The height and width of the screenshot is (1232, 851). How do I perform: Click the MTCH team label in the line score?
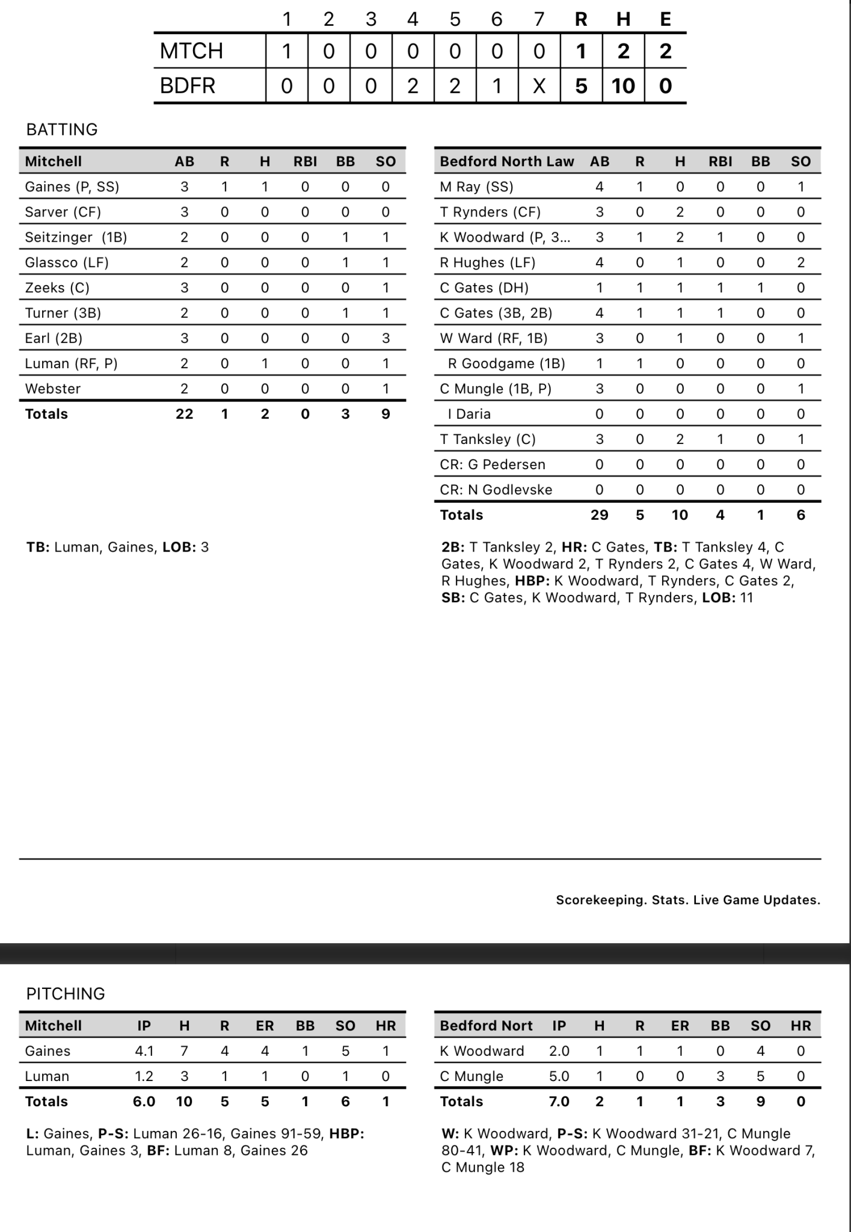point(191,51)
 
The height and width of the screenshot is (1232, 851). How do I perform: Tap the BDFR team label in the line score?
point(187,86)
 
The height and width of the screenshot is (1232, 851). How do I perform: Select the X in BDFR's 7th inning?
point(539,86)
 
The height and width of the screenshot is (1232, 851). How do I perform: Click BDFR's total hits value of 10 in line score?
point(623,86)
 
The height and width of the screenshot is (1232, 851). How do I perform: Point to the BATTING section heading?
point(62,130)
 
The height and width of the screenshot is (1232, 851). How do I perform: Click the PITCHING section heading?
point(66,994)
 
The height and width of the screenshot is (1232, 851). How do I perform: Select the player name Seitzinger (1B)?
point(76,238)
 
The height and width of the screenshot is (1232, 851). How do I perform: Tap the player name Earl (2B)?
point(54,339)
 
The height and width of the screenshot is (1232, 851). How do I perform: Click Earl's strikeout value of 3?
point(386,339)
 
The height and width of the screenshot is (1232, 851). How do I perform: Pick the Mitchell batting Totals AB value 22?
point(184,414)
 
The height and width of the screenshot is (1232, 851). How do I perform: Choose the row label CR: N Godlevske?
point(496,490)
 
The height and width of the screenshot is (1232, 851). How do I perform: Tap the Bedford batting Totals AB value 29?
point(599,516)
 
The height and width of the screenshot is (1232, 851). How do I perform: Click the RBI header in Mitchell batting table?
point(305,162)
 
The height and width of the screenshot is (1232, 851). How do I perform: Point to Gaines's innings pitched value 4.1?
point(144,1052)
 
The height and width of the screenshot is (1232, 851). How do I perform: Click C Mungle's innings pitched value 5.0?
point(559,1077)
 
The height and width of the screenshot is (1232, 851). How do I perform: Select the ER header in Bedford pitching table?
point(680,1026)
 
